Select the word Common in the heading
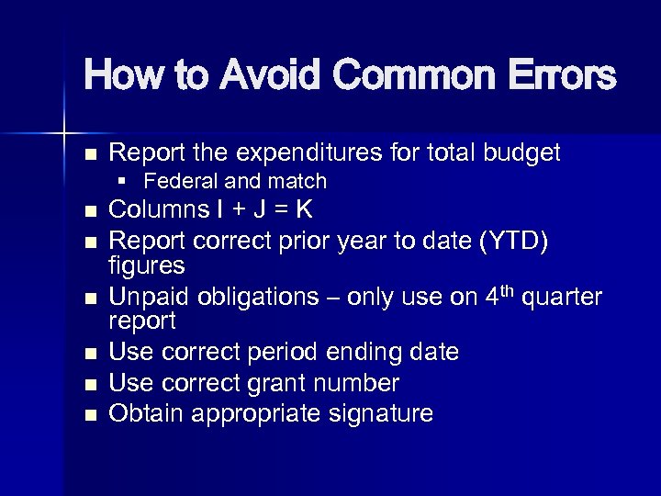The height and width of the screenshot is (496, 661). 409,75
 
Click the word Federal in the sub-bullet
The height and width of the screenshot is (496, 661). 180,182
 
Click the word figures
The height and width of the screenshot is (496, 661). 147,266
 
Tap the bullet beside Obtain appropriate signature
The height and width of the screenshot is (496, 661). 89,415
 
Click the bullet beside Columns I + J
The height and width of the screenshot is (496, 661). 89,212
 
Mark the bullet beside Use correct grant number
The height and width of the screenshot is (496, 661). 89,384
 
